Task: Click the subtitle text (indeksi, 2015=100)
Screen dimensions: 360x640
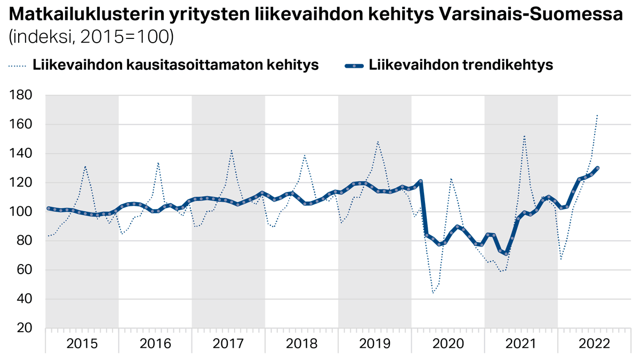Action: tap(90, 36)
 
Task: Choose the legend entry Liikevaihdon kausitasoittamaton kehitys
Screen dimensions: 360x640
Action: tap(176, 65)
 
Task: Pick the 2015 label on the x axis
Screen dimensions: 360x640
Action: tap(82, 343)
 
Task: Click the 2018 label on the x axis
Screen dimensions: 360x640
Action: tap(301, 343)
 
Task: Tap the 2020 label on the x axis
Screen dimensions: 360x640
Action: tap(447, 343)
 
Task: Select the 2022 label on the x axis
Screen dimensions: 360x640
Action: tap(594, 343)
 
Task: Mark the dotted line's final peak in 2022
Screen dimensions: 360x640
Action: tap(597, 115)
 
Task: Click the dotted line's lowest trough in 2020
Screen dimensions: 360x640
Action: tap(433, 293)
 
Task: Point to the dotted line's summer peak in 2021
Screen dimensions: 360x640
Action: tap(524, 135)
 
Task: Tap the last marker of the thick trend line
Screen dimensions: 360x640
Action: tap(597, 168)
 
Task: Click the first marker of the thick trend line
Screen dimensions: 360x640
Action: tap(49, 209)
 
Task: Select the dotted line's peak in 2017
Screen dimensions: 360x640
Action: tap(231, 150)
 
